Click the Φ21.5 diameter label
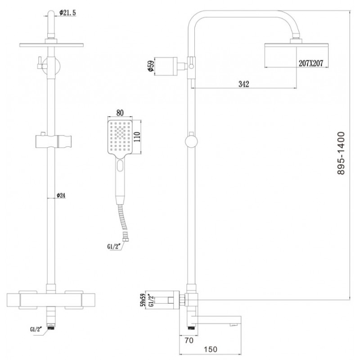tap(67, 13)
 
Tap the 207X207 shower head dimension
tap(310, 63)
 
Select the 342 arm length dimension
tap(243, 84)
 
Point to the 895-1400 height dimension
tap(341, 153)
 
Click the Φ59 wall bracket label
tap(151, 66)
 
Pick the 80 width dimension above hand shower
tap(120, 113)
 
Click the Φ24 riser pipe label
tap(61, 195)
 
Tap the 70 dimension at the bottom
tap(189, 340)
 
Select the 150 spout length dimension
tap(210, 349)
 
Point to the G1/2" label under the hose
tap(114, 247)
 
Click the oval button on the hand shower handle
tap(120, 166)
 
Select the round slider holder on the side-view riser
tap(191, 142)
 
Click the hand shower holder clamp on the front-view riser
tap(54, 141)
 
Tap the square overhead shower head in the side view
tap(297, 45)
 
